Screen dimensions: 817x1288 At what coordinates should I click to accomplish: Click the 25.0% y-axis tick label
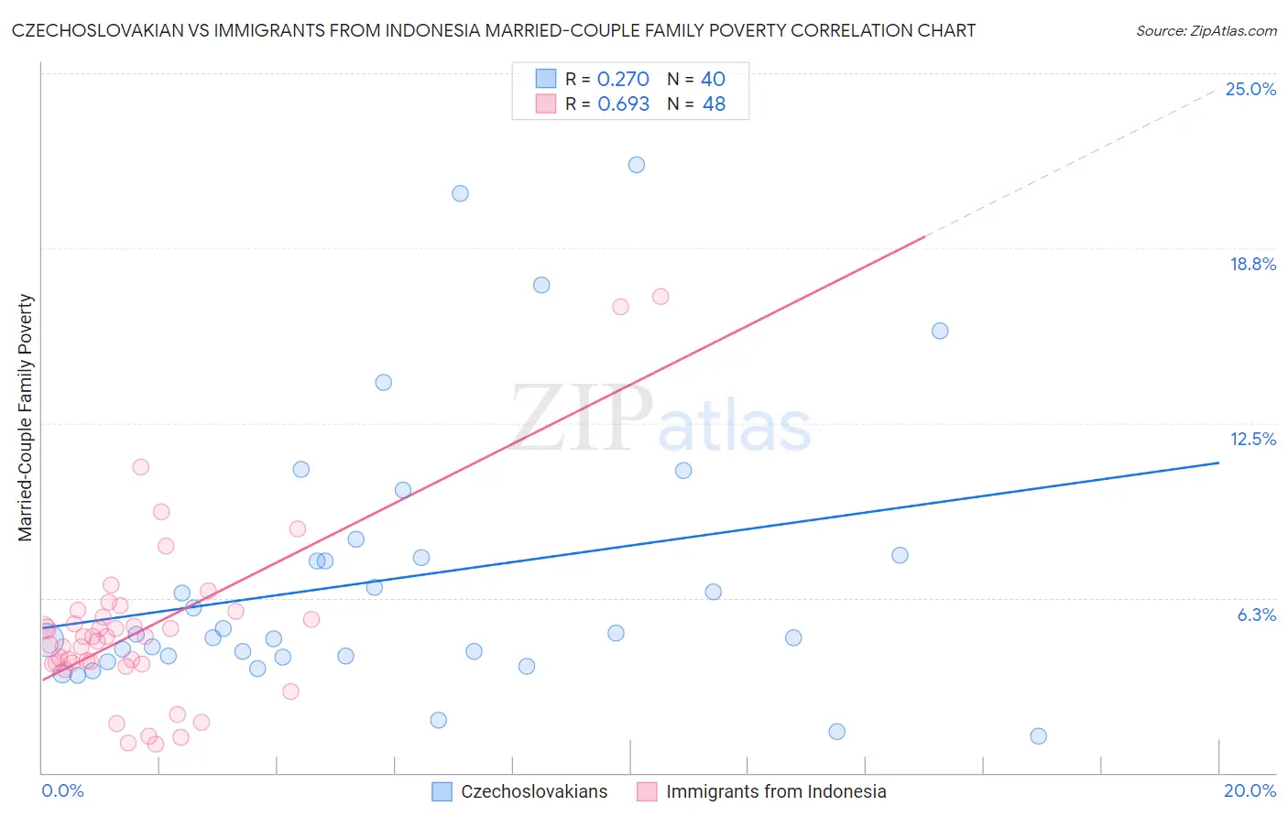click(1250, 89)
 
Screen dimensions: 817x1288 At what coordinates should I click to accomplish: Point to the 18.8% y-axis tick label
click(1252, 264)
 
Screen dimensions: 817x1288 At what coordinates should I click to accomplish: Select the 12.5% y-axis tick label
click(1252, 439)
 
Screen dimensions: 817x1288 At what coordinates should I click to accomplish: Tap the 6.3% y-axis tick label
click(1256, 615)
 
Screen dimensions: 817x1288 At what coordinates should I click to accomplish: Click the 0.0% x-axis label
click(62, 790)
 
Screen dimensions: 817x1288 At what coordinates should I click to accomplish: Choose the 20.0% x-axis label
click(1250, 790)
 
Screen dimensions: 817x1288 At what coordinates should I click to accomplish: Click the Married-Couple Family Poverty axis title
click(26, 417)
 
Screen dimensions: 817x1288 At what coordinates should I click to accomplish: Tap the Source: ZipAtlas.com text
click(1206, 31)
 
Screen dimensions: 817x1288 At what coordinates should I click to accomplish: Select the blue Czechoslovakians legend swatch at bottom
click(442, 791)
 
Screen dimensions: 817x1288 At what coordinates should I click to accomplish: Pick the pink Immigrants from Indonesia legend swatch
click(648, 791)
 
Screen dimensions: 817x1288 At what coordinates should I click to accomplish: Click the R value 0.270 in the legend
click(623, 80)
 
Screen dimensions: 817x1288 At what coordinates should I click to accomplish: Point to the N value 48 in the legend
click(714, 104)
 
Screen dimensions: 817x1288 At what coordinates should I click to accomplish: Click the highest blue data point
click(637, 165)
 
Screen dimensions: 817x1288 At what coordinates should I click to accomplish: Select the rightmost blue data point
click(1038, 735)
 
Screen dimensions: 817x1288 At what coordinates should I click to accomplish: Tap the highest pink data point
click(660, 297)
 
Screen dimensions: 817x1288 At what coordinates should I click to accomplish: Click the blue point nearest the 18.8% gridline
click(541, 285)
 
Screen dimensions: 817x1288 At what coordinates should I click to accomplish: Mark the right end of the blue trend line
click(1218, 463)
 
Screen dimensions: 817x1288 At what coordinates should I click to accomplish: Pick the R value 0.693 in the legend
click(623, 104)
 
